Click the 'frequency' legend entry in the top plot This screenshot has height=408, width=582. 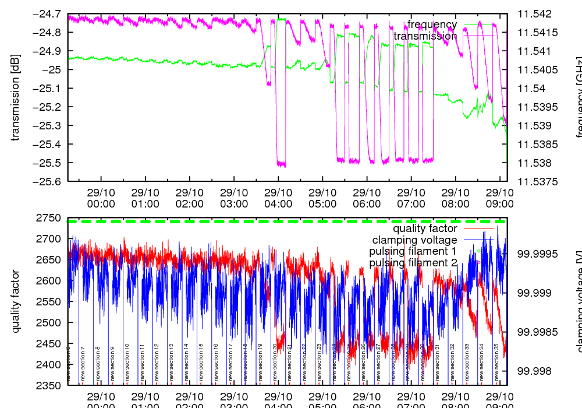tap(432, 24)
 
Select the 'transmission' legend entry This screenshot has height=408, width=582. tap(425, 36)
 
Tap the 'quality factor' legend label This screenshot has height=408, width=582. tap(425, 228)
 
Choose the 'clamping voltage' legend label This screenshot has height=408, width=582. tap(414, 240)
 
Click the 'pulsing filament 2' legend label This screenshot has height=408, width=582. tap(413, 263)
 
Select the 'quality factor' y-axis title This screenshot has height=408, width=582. tap(16, 301)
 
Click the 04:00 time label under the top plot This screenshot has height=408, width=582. tap(278, 198)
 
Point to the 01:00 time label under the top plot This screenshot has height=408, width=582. tap(145, 198)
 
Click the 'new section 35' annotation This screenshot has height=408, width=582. tap(496, 362)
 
